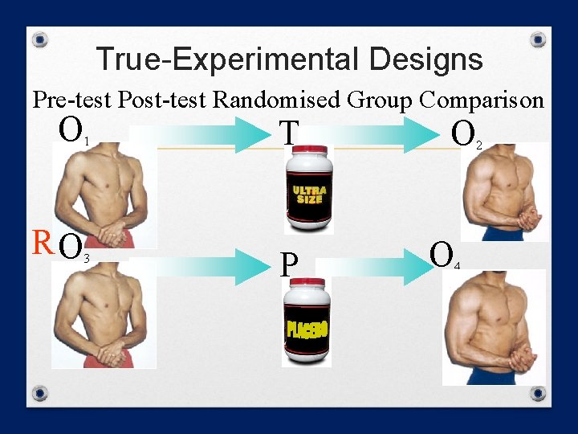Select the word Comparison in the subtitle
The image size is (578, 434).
tap(481, 100)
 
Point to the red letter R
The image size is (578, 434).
tap(42, 241)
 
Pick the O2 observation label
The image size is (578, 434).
tap(466, 135)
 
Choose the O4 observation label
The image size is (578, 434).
tap(444, 255)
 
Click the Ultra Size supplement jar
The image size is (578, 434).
tap(308, 188)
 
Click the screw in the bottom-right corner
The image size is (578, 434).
tap(538, 394)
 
